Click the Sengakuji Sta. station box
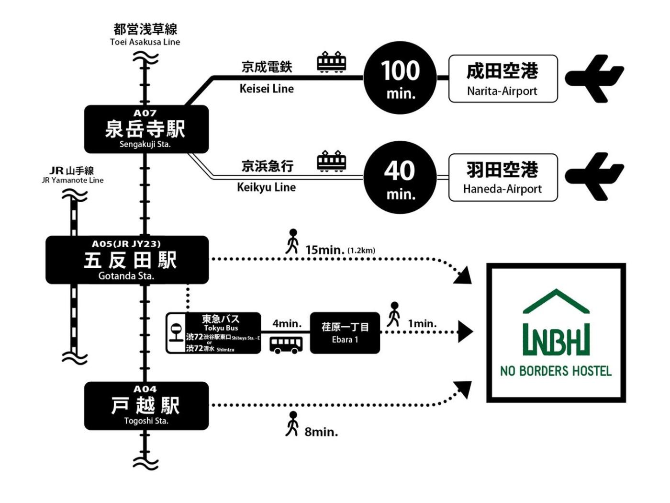[x=146, y=129]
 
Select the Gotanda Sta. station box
[x=127, y=260]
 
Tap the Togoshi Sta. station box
[x=146, y=406]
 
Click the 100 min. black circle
[x=400, y=78]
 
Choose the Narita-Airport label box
[x=503, y=79]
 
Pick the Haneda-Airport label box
[x=503, y=177]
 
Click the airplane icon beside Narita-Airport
[x=594, y=78]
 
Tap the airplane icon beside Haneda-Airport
[x=594, y=176]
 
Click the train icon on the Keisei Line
[x=332, y=62]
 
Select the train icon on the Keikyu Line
[x=332, y=161]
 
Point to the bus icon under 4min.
[x=286, y=344]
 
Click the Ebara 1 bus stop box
[x=345, y=333]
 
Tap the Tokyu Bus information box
[x=213, y=333]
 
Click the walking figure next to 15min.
[x=292, y=241]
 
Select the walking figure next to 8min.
[x=292, y=424]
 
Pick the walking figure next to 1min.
[x=394, y=314]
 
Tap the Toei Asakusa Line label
[x=145, y=35]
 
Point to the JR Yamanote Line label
[x=73, y=175]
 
